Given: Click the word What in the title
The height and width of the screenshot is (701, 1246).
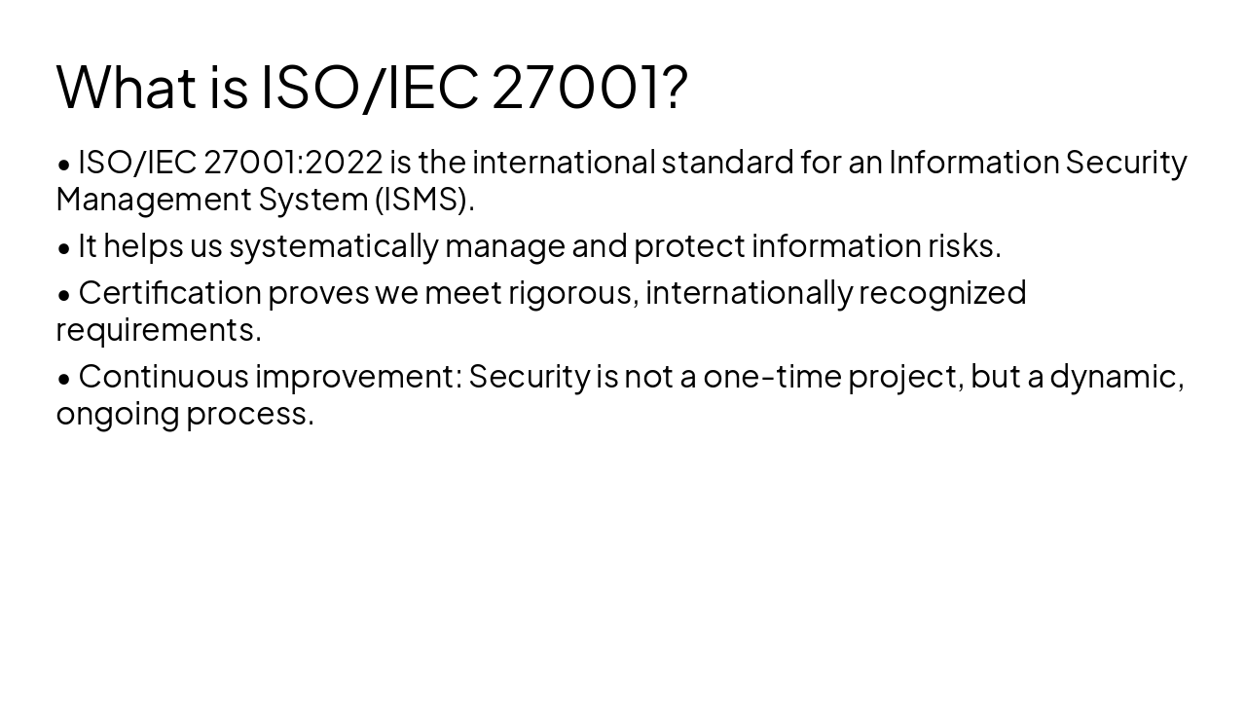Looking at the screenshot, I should coord(127,86).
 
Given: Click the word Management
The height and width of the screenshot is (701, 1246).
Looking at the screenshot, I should coord(154,199).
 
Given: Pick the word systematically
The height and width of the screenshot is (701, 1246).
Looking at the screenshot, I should coord(334,245).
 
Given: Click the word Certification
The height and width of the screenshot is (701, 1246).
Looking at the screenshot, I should coord(169,292).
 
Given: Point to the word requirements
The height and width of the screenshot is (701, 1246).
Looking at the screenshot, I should coord(159,329).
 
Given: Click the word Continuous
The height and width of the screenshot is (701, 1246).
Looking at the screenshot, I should coord(164,376).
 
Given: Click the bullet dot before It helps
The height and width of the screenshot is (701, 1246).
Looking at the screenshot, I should coord(64,247).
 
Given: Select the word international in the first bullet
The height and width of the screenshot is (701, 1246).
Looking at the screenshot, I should coord(564,162).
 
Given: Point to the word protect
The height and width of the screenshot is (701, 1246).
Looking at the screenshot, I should coord(689,245).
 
